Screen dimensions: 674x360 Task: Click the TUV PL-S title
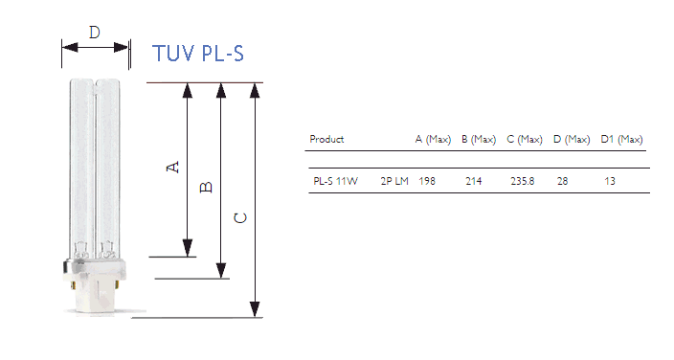(198, 54)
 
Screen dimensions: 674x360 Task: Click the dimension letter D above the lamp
(95, 33)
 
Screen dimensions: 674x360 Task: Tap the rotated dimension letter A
(172, 167)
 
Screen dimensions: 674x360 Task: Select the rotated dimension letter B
(207, 187)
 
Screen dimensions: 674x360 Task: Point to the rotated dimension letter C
(240, 218)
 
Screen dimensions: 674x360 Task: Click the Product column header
(326, 139)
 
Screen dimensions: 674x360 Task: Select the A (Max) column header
(433, 140)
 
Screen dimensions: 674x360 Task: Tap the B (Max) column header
(479, 140)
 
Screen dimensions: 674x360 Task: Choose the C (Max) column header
(525, 140)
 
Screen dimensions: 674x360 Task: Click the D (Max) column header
(572, 140)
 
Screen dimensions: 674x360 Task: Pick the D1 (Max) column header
(621, 140)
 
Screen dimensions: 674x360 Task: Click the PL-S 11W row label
(335, 181)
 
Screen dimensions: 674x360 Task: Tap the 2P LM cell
(394, 181)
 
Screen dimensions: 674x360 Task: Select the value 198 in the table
(427, 181)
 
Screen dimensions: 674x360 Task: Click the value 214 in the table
(474, 181)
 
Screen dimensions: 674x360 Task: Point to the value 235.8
(523, 181)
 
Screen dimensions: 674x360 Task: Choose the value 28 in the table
(563, 181)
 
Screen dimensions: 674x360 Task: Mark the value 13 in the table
(610, 181)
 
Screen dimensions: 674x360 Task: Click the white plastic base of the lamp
(95, 287)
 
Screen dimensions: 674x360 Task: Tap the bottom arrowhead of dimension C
(255, 309)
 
